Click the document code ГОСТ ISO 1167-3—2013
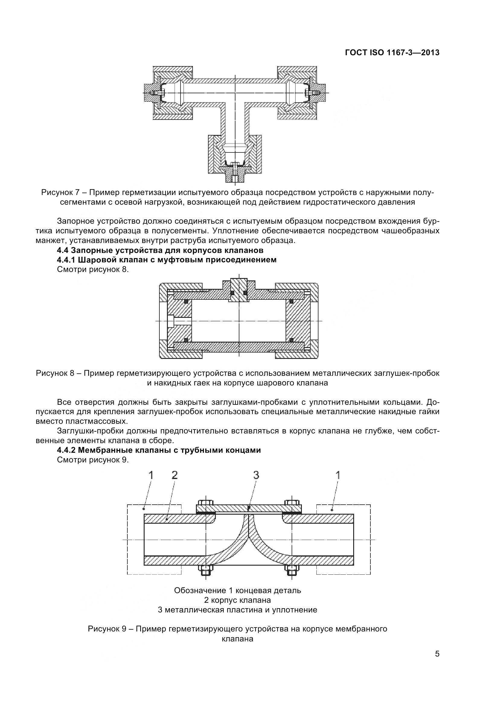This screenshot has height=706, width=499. [x=392, y=53]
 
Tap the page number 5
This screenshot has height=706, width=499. [x=437, y=662]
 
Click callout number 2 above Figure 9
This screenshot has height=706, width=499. [x=174, y=475]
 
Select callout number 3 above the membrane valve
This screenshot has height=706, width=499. [x=256, y=475]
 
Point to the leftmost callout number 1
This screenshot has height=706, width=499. [x=151, y=475]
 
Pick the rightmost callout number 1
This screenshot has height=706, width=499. [x=338, y=475]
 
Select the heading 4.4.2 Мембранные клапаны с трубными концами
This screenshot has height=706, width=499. [x=159, y=450]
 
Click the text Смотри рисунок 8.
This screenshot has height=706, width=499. [x=93, y=270]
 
